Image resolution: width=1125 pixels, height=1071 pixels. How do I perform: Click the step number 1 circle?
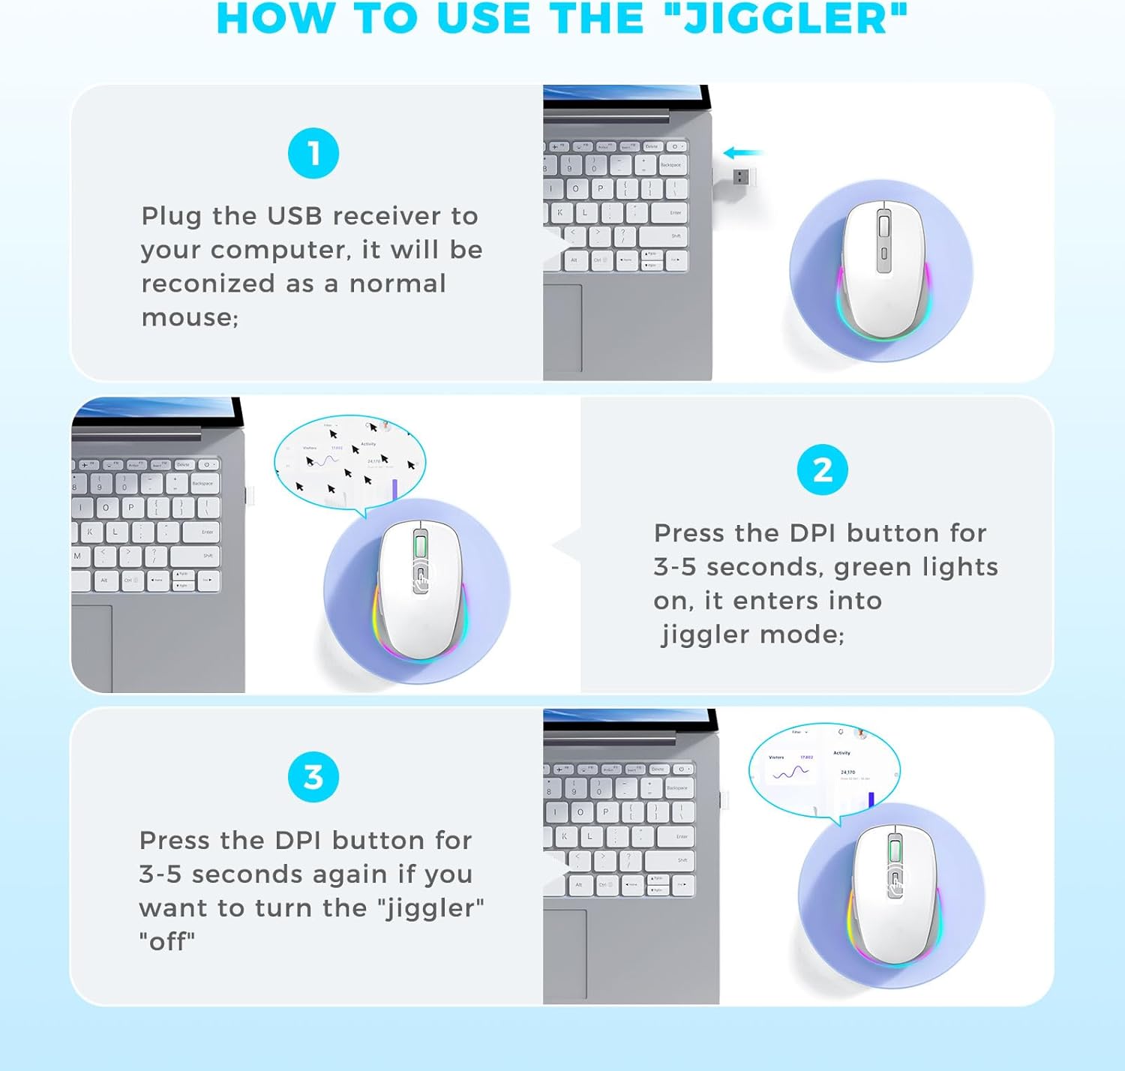point(313,154)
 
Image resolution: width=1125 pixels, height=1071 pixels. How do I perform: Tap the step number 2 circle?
point(823,470)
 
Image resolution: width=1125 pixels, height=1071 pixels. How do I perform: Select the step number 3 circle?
point(313,777)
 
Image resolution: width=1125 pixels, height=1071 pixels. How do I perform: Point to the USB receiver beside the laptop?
point(741,177)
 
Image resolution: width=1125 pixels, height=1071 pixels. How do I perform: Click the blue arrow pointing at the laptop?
point(742,153)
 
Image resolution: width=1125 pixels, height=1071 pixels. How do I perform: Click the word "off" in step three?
point(167,941)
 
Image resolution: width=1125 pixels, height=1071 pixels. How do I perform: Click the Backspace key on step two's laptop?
point(202,484)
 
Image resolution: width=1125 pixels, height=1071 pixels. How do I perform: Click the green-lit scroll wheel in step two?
point(420,544)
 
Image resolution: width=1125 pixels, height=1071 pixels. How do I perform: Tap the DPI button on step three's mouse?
point(895,885)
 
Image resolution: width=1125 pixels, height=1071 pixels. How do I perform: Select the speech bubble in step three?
point(823,769)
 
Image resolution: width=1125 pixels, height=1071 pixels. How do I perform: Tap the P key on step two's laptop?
point(131,508)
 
